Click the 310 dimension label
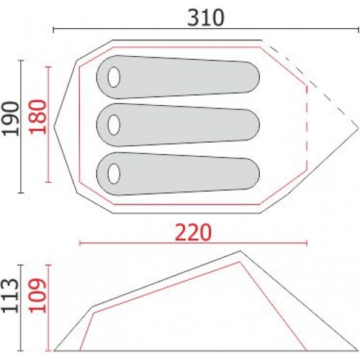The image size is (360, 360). [x=206, y=18]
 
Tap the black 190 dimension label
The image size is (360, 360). [x=11, y=119]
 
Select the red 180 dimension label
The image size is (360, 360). [x=37, y=117]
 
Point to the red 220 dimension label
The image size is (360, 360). [x=194, y=232]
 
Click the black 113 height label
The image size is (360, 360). [x=10, y=296]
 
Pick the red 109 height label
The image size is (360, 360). [x=37, y=295]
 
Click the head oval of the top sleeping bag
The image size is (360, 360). [x=114, y=77]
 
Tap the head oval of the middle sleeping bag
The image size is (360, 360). [x=114, y=125]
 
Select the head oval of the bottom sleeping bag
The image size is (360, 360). [x=114, y=174]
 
